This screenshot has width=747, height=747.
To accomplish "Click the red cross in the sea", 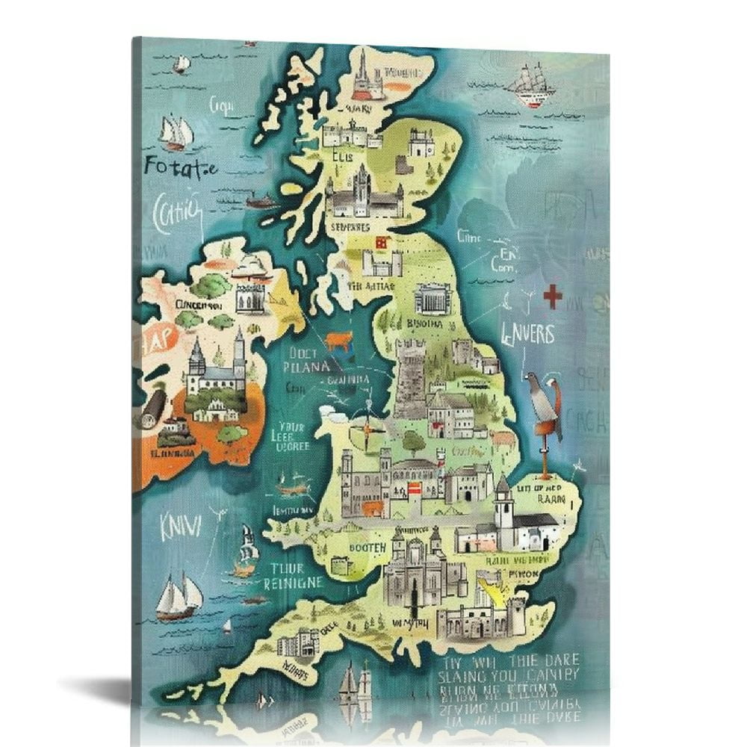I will [x=552, y=297].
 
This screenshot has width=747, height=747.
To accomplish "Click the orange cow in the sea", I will [x=338, y=340].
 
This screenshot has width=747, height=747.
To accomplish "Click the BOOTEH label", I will [x=368, y=548].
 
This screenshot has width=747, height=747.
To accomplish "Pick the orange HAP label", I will [x=155, y=337].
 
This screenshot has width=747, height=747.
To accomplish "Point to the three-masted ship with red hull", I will [x=532, y=86].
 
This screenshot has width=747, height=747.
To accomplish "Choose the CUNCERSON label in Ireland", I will [x=199, y=305].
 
